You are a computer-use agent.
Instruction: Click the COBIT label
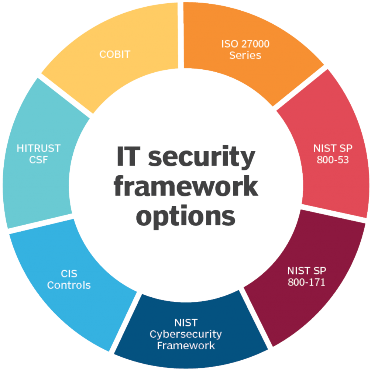pos(115,55)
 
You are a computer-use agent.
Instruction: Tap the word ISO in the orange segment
pos(230,44)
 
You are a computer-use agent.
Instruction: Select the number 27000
pos(255,44)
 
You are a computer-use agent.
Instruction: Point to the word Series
pos(245,55)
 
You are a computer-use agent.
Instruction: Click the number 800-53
pos(333,160)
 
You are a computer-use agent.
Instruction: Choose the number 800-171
pos(306,282)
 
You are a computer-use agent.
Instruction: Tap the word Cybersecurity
pos(186,334)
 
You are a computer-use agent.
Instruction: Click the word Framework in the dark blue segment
pos(186,346)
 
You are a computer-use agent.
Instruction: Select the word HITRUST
pos(38,148)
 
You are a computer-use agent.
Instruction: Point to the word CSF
pos(38,160)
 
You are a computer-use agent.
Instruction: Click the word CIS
pos(69,274)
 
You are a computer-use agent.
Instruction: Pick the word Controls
pos(69,285)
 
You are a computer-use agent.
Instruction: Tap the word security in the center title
pos(202,158)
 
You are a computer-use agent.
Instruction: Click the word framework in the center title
pos(186,187)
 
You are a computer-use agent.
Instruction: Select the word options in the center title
pos(186,217)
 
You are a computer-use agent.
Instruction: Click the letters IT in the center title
pos(128,156)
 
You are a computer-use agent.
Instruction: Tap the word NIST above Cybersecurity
pos(186,323)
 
